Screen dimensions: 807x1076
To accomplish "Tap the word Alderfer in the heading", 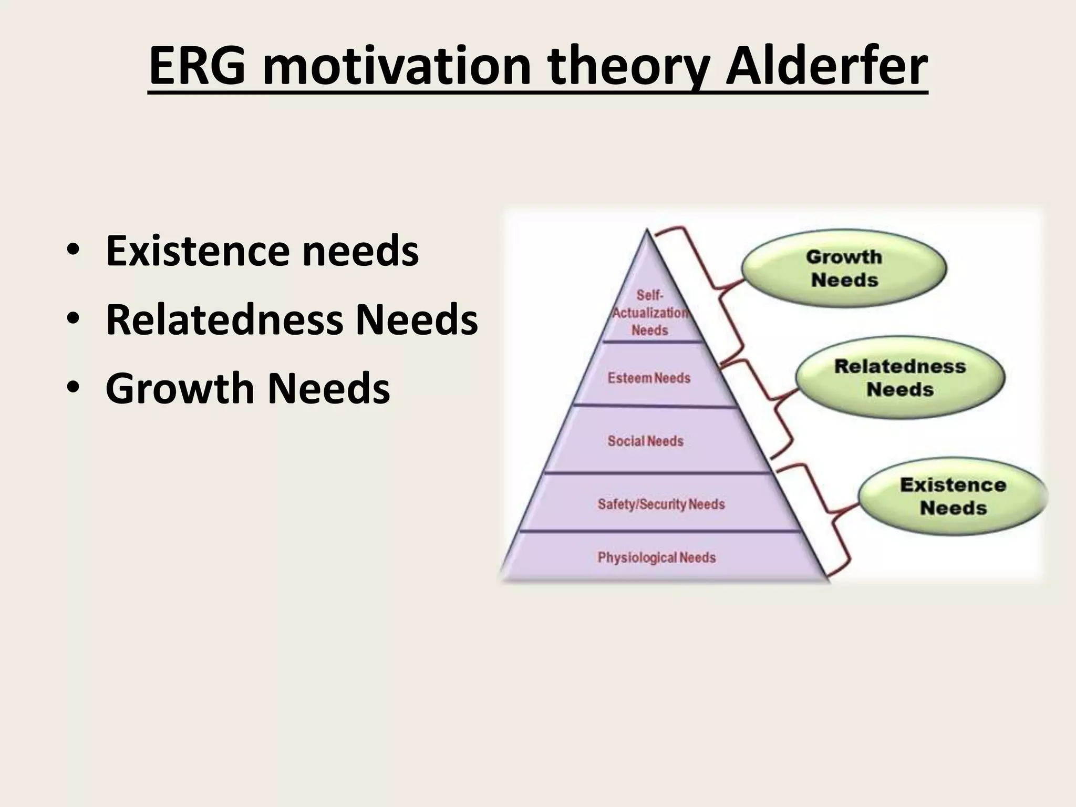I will (826, 67).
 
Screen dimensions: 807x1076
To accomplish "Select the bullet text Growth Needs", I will (247, 388).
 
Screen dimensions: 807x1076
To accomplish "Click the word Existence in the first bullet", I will (197, 251).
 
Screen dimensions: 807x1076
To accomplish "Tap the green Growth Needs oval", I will (844, 268).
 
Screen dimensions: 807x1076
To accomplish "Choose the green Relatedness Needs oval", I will (899, 377).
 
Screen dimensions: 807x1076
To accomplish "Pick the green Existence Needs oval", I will (953, 496).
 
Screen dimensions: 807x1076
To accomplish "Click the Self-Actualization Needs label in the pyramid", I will (649, 313).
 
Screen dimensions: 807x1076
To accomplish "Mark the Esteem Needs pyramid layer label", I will (649, 378).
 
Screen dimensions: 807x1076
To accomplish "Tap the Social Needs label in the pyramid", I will (645, 441).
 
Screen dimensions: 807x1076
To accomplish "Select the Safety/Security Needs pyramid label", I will (661, 504).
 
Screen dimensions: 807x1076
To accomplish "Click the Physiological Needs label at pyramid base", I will (656, 557).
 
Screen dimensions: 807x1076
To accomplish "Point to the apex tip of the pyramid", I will (647, 231).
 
